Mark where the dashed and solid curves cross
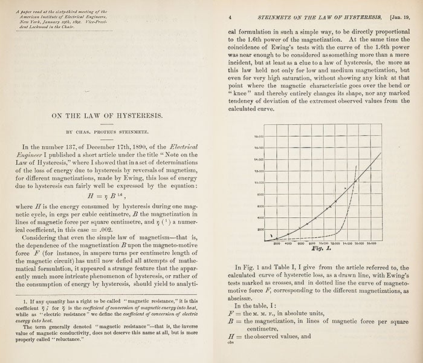[x=355, y=180]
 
